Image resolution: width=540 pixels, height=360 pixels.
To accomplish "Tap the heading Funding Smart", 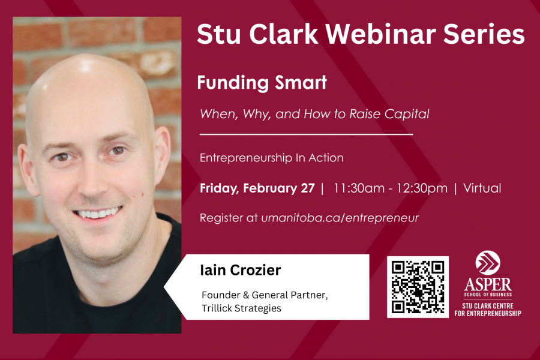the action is (262, 83).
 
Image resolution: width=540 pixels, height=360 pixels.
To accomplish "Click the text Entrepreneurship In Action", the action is (272, 158).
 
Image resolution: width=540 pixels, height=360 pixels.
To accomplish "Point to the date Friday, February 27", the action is (257, 188).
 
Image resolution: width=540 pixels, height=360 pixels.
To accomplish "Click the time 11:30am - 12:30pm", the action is (391, 188).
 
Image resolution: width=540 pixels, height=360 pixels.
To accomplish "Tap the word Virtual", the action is (482, 188).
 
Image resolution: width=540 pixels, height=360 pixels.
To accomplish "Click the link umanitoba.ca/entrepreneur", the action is (340, 218).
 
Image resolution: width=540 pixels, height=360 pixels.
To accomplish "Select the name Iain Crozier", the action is (241, 270).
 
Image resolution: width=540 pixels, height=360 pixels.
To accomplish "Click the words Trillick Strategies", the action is (241, 308).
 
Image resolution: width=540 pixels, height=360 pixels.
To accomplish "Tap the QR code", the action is (418, 287).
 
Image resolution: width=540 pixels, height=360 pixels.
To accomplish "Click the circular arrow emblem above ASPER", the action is (488, 263).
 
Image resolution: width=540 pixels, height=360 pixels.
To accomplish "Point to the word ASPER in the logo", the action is (488, 284).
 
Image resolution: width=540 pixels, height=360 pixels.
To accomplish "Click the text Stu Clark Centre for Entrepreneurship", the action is (488, 310).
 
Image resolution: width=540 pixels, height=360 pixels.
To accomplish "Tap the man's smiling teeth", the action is (98, 213).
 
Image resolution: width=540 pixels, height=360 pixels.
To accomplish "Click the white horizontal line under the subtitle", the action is (306, 134).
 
